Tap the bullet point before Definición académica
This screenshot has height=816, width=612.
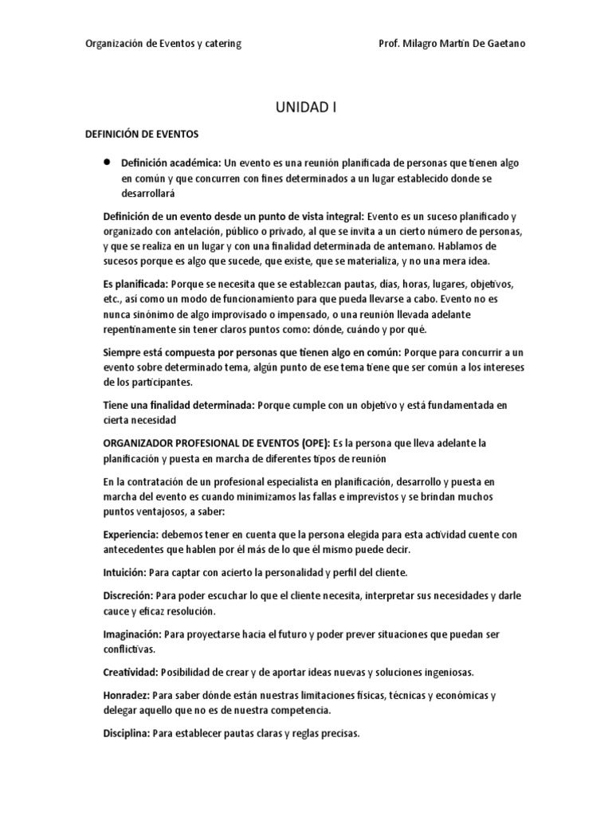[107, 161]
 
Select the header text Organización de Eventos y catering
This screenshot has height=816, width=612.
[163, 44]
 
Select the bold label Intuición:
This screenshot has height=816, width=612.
[126, 571]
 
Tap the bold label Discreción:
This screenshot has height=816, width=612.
[128, 596]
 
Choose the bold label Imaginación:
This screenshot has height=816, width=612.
[133, 634]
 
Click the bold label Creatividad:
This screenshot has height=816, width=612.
[131, 671]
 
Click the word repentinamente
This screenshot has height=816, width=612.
[140, 331]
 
